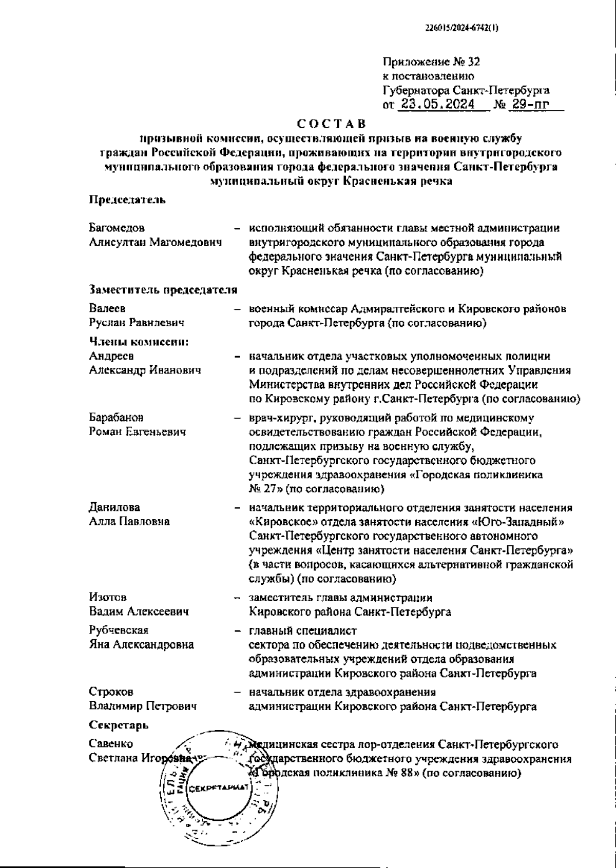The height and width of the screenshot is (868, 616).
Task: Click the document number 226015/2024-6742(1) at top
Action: coord(462,29)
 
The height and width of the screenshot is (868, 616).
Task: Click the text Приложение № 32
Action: coord(431,63)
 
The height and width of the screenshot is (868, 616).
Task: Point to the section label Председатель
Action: coord(127,200)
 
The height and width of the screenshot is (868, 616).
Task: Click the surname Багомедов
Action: coord(117,228)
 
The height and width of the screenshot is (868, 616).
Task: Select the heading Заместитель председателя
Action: coord(163,290)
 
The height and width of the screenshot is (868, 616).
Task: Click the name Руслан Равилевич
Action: coord(137,323)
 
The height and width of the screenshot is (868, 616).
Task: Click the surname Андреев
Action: coord(111,356)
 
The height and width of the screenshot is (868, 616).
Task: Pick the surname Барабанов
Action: coord(116,418)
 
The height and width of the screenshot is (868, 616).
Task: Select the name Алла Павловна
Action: coord(129,521)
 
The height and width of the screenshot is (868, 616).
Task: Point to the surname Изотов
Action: coord(108,598)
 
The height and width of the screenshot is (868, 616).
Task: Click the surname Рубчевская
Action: coord(119,630)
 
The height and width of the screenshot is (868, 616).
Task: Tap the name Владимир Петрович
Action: coord(143,706)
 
